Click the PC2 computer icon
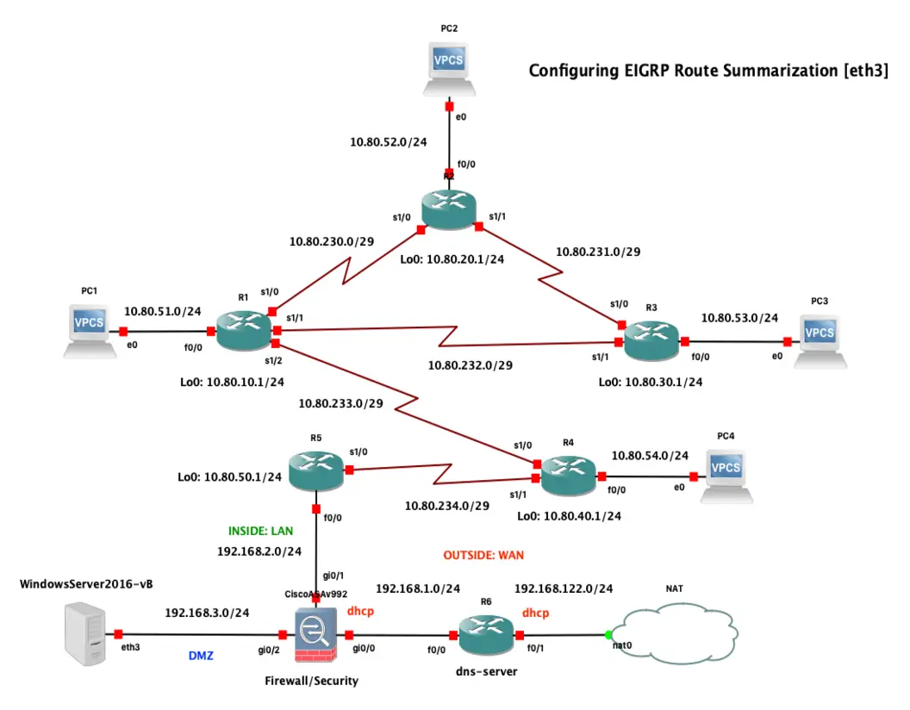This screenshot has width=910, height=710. coord(449,69)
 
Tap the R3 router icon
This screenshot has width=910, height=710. coord(651,343)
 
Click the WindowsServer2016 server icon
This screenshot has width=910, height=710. coord(85,635)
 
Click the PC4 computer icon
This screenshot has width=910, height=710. coord(726,475)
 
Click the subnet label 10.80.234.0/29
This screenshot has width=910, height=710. coord(447,506)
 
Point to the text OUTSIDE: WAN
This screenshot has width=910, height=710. coord(483,555)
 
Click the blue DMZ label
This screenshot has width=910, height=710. coord(202,656)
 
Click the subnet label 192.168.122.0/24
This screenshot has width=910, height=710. coord(564,589)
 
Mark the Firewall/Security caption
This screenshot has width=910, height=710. coord(311,681)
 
